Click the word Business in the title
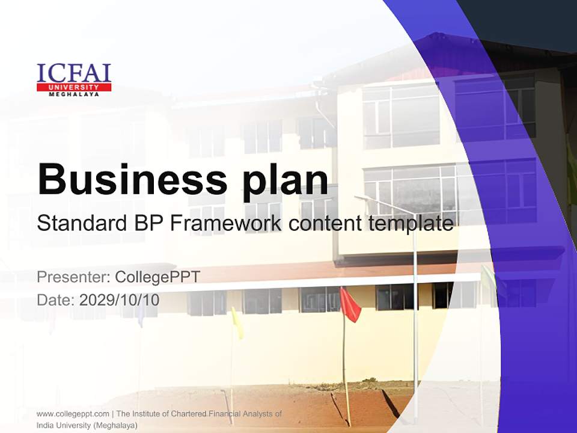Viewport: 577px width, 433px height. [x=127, y=179]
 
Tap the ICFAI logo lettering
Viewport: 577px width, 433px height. [x=74, y=73]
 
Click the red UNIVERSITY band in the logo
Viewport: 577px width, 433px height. [x=74, y=87]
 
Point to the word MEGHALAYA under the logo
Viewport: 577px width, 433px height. [x=74, y=94]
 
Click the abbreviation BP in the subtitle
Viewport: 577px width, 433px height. [x=146, y=224]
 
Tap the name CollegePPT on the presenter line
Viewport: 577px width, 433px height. [x=157, y=277]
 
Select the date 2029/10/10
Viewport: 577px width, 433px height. [x=119, y=299]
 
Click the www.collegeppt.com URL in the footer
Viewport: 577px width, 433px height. [x=73, y=414]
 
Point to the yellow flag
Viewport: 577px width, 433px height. [x=237, y=324]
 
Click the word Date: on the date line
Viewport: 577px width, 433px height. [x=55, y=299]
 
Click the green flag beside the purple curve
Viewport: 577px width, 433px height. [x=487, y=278]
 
